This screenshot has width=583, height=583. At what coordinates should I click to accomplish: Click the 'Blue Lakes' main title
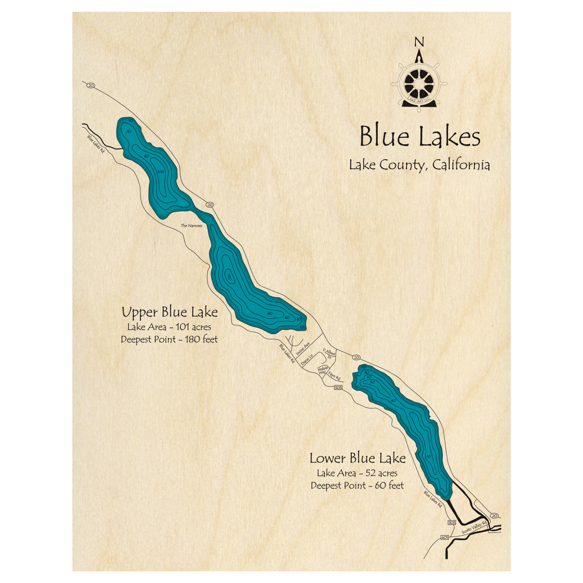420,138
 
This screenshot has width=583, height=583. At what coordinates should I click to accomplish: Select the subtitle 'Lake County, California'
419,165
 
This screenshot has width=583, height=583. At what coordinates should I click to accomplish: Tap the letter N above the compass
418,42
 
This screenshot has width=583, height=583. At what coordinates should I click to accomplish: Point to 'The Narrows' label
192,226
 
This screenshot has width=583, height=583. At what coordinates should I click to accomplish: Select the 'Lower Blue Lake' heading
357,458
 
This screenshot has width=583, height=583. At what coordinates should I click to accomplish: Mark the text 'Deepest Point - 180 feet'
169,339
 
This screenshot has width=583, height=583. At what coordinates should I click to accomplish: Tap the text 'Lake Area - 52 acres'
357,472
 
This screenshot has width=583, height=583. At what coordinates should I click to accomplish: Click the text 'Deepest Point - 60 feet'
357,485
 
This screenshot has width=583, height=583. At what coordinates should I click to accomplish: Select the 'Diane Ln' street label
307,361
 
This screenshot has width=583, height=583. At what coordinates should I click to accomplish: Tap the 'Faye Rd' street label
333,377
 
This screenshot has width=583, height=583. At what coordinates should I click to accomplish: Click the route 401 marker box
445,538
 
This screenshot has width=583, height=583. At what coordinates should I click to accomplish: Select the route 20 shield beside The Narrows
210,205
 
